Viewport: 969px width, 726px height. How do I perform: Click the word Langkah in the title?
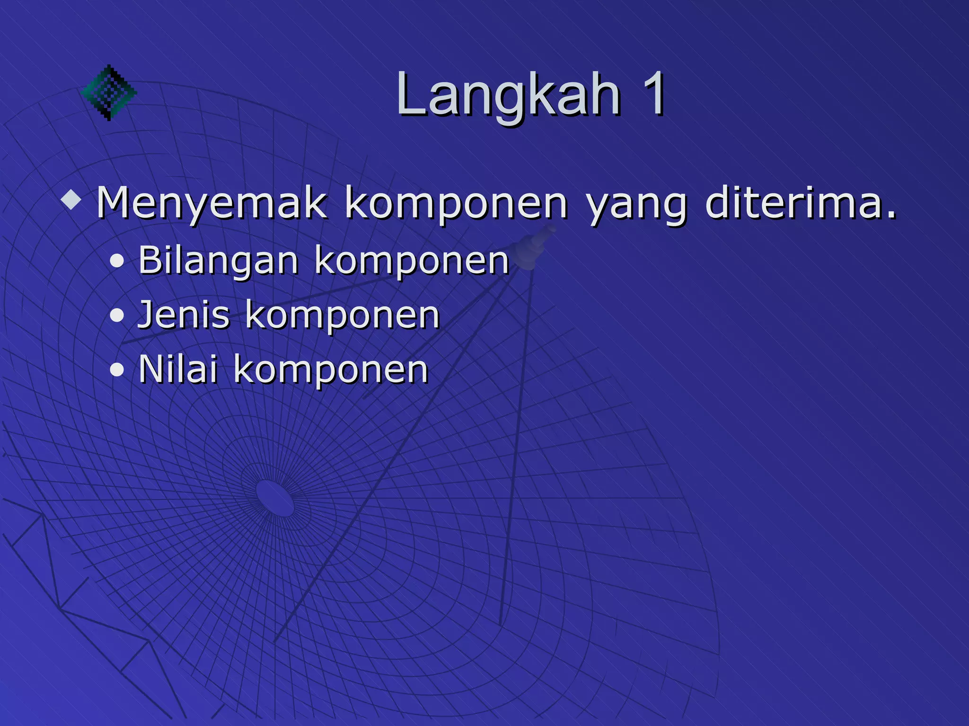click(x=508, y=95)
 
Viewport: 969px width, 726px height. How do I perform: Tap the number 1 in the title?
click(x=653, y=95)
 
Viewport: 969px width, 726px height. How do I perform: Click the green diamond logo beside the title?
click(x=109, y=92)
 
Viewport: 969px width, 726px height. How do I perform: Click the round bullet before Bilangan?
click(x=117, y=262)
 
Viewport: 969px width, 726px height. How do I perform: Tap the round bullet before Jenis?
click(x=117, y=316)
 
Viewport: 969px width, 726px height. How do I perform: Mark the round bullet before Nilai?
click(x=117, y=371)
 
